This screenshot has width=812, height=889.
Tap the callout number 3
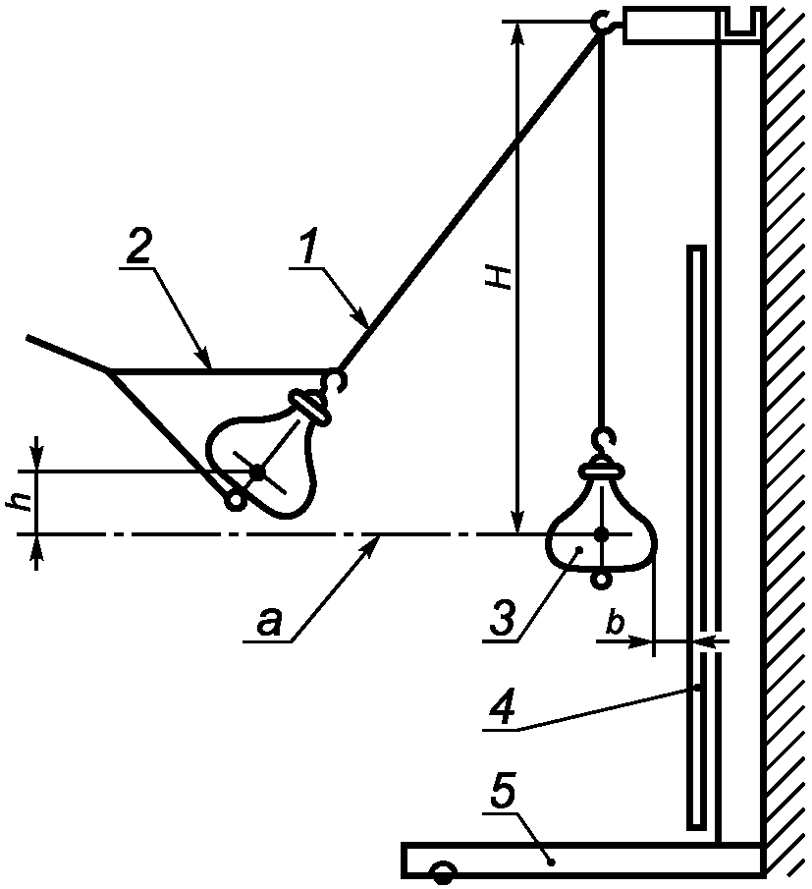pyautogui.click(x=503, y=618)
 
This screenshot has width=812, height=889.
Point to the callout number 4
pyautogui.click(x=503, y=706)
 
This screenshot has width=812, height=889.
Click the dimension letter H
pyautogui.click(x=501, y=277)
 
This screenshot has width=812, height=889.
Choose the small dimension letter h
pyautogui.click(x=22, y=501)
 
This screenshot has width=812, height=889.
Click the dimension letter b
pyautogui.click(x=615, y=623)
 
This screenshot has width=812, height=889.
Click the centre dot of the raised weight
pyautogui.click(x=258, y=472)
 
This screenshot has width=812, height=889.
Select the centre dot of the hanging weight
pyautogui.click(x=601, y=534)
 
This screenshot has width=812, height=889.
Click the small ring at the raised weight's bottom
pyautogui.click(x=235, y=501)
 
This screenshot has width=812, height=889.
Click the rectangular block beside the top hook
pyautogui.click(x=669, y=25)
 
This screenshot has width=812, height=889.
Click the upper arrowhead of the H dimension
pyautogui.click(x=515, y=34)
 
